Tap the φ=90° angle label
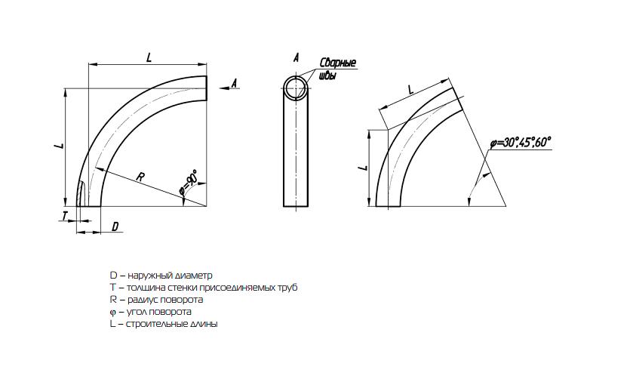click(189, 182)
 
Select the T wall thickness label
click(64, 216)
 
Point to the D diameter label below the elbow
click(115, 226)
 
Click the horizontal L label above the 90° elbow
click(149, 57)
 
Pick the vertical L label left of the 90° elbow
click(59, 145)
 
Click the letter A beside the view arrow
click(235, 83)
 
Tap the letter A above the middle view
click(296, 57)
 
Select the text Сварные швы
click(337, 69)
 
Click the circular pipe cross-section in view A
click(297, 76)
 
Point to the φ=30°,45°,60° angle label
click(520, 142)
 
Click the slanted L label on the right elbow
click(410, 90)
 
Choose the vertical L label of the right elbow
click(363, 167)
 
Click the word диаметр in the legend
click(194, 276)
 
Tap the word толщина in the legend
click(143, 288)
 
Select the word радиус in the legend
click(143, 300)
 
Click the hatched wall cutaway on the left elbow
click(82, 194)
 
